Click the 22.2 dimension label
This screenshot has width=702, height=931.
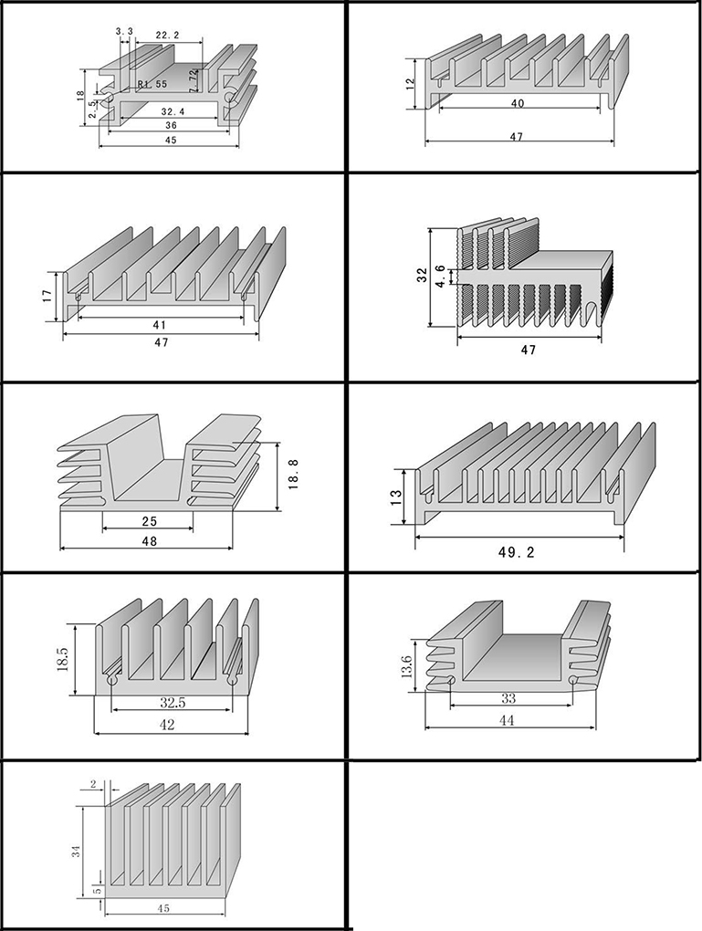coord(167,35)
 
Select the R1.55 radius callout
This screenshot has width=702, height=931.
coord(152,84)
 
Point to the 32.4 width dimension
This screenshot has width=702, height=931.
coord(171,111)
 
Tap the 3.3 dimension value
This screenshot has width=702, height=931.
coord(125,32)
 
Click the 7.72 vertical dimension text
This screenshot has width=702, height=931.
coord(194,80)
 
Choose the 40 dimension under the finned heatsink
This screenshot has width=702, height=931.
coord(518,104)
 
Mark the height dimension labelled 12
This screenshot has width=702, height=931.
coord(411,83)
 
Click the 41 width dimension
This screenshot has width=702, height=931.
coord(160,325)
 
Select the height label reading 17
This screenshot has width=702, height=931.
coord(47,297)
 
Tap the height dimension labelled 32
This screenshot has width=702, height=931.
coord(423,275)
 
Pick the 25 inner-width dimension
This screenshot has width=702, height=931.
coord(149,521)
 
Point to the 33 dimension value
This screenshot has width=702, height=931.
coord(508,698)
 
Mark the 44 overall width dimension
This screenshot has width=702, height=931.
coord(508,720)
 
